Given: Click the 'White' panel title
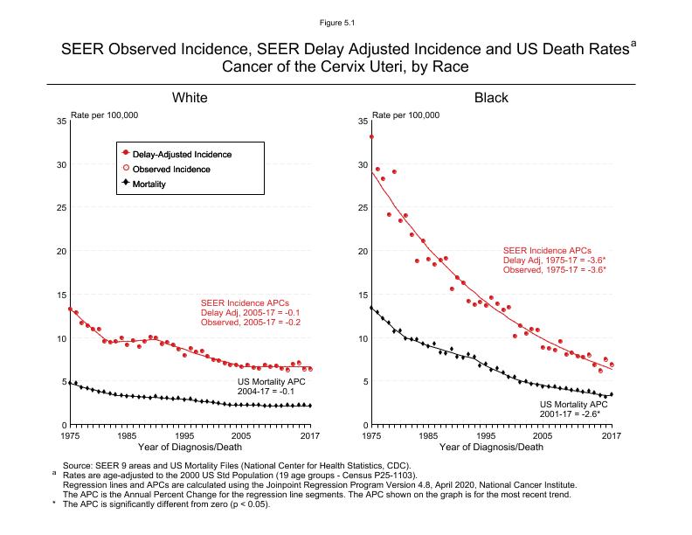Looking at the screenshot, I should pyautogui.click(x=190, y=97).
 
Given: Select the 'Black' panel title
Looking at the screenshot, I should pyautogui.click(x=491, y=97).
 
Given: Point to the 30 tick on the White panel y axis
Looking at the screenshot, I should pyautogui.click(x=60, y=164).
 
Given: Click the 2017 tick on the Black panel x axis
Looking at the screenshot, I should pyautogui.click(x=611, y=435).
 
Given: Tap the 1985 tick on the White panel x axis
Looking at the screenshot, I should pyautogui.click(x=127, y=435).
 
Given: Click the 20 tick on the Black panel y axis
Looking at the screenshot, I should pyautogui.click(x=363, y=252).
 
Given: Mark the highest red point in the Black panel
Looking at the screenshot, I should pyautogui.click(x=372, y=136).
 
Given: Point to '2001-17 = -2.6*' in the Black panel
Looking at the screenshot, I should pyautogui.click(x=573, y=415).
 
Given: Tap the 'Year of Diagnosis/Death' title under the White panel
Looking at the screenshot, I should pyautogui.click(x=190, y=448).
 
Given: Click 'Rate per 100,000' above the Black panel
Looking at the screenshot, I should pyautogui.click(x=406, y=115).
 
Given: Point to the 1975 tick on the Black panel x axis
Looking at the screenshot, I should pyautogui.click(x=372, y=435).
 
